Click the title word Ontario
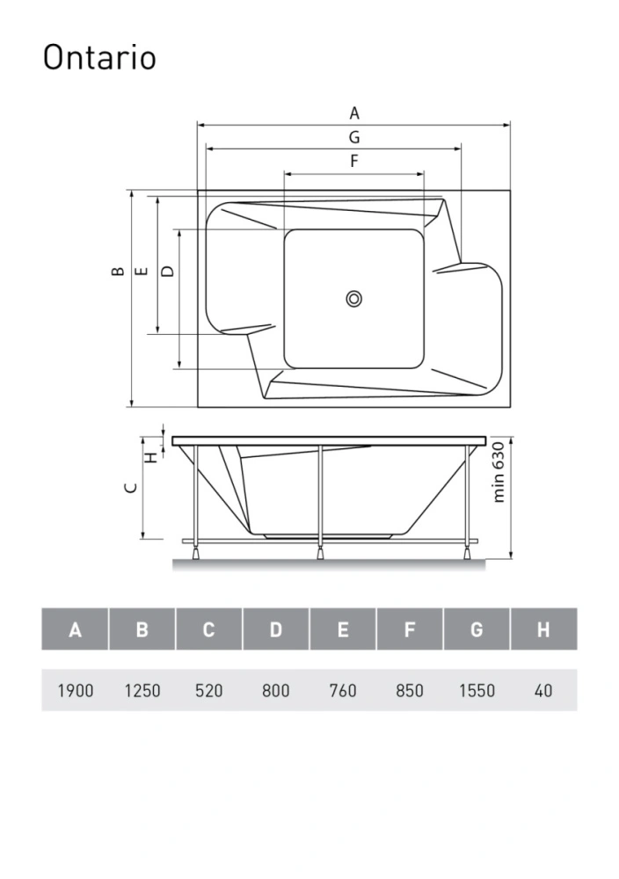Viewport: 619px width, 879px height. [99, 56]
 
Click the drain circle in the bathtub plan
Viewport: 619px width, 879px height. [353, 299]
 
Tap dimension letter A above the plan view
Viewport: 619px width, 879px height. [354, 113]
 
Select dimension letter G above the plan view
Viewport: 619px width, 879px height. [354, 137]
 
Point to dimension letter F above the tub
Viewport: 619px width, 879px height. [353, 161]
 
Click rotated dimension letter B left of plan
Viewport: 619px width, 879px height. [117, 272]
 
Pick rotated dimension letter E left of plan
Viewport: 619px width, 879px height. [142, 272]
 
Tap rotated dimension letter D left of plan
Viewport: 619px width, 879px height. [167, 272]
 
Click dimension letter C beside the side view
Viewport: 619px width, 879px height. [131, 487]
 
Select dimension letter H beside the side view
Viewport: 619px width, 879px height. [152, 457]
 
